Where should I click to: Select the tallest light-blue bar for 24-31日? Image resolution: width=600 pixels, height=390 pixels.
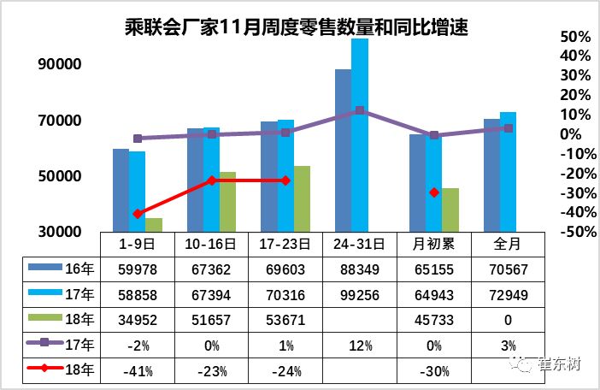point(360,135)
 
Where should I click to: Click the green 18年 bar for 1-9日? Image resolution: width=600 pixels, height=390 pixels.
point(154,224)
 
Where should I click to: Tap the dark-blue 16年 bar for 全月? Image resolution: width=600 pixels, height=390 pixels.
point(491,175)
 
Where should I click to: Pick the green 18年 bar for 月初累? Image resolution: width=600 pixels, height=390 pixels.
point(450,210)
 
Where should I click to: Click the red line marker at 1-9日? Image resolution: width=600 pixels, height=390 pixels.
point(138,213)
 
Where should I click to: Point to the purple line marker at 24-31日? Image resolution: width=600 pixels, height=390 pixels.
point(360,110)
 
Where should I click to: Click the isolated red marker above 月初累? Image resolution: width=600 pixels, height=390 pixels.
point(434,192)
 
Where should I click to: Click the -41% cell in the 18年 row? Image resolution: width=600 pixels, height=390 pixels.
point(137,372)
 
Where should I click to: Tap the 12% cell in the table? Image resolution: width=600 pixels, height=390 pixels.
point(360,346)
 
